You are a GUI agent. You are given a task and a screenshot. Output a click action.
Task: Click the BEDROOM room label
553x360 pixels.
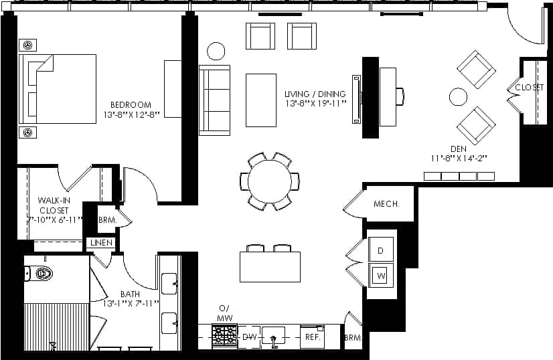[131, 105]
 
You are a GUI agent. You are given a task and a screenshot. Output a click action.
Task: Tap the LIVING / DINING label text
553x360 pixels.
[315, 94]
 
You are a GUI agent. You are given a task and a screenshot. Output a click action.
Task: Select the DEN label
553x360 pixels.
[458, 149]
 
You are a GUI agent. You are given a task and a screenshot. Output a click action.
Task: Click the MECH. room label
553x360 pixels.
[386, 204]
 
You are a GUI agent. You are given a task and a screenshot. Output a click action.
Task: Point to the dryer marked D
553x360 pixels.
[380, 250]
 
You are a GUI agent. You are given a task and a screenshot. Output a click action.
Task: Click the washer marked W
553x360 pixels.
[380, 275]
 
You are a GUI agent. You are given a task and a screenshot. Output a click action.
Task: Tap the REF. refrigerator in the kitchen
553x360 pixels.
[312, 337]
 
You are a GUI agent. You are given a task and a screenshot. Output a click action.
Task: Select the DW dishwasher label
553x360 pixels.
[249, 337]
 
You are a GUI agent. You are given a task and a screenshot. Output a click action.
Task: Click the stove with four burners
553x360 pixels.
[224, 333]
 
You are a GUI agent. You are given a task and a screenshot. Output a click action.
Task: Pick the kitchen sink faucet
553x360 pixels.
[273, 339]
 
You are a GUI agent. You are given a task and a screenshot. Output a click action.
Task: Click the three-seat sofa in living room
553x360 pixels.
[214, 100]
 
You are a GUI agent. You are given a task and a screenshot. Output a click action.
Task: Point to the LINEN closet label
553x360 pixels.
[100, 243]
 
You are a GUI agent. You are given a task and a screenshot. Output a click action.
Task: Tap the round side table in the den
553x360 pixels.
[458, 97]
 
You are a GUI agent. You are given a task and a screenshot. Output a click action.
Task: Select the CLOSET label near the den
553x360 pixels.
[529, 87]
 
